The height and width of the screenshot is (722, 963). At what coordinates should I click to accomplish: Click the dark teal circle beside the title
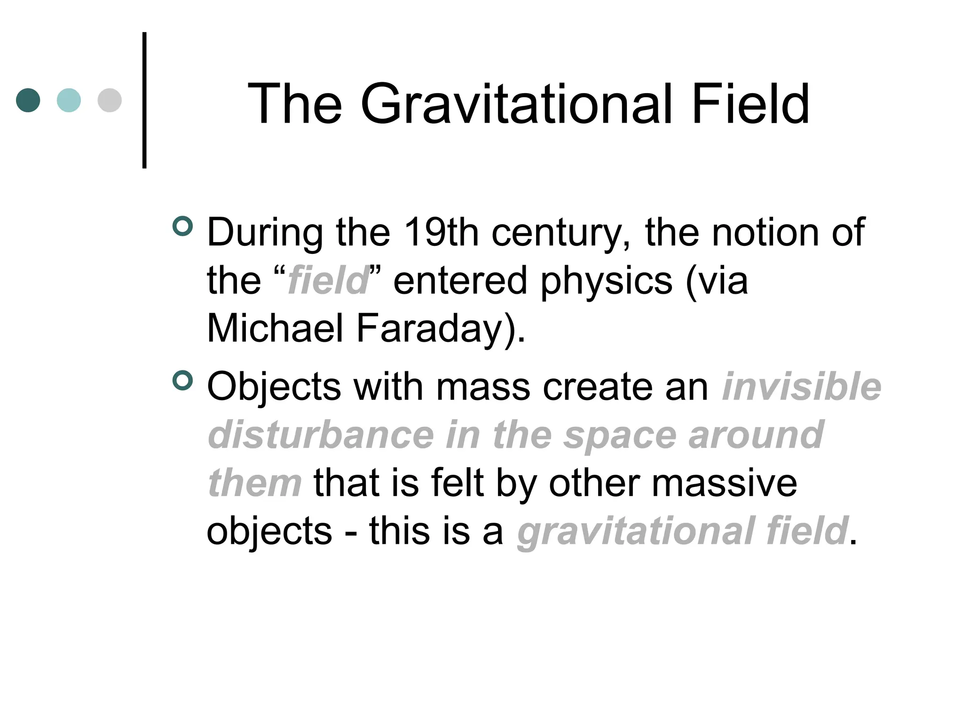(28, 100)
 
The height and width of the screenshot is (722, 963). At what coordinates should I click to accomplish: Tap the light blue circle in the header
(69, 100)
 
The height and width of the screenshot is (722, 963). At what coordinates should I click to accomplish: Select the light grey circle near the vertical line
(110, 100)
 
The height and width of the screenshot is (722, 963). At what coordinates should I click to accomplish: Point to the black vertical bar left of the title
(144, 100)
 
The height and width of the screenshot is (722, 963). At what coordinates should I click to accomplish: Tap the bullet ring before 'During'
(183, 226)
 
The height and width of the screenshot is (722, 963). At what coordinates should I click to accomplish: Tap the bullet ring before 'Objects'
(183, 380)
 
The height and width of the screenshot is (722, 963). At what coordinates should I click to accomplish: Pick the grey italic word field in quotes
(328, 280)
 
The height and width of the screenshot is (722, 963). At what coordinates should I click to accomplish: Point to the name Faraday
(435, 329)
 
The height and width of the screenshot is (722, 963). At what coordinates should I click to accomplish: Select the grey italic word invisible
(801, 386)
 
